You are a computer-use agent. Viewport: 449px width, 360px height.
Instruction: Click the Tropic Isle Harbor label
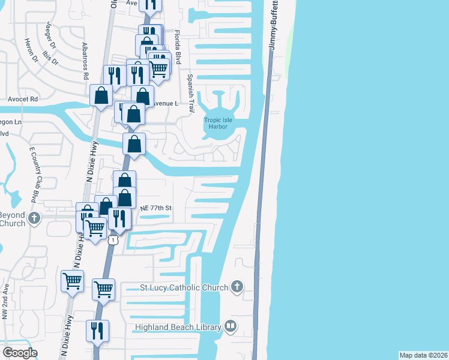[218, 124]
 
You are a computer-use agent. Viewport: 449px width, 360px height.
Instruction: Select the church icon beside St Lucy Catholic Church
[237, 287]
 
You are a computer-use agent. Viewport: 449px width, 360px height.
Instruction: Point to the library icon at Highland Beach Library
[230, 326]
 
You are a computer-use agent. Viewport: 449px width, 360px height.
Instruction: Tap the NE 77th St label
[156, 208]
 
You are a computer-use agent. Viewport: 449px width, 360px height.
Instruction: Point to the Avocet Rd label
[23, 98]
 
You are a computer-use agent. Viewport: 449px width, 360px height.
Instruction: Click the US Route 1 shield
[112, 240]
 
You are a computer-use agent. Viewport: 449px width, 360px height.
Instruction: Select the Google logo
[20, 353]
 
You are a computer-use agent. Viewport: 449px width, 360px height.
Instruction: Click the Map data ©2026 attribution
[423, 355]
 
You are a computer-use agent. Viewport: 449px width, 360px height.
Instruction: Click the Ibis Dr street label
[53, 53]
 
